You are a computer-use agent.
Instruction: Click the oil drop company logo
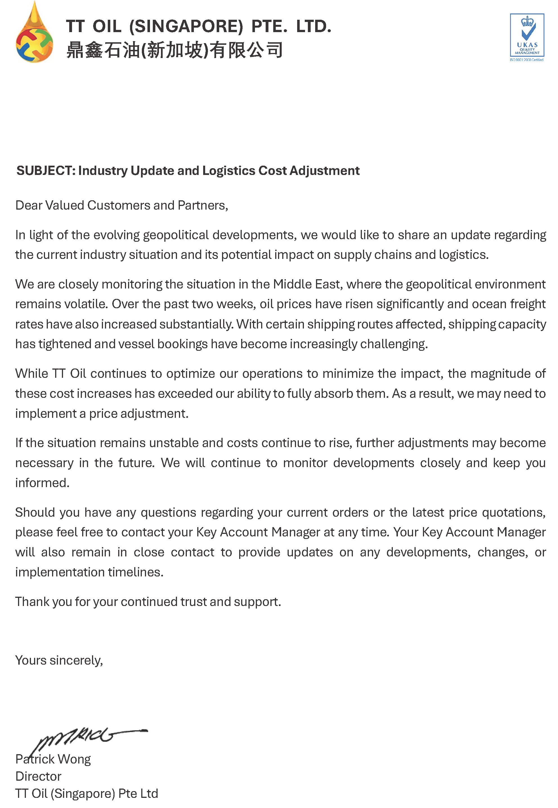click(x=34, y=35)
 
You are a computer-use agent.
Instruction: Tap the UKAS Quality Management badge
click(x=527, y=37)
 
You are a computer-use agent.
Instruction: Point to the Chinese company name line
click(x=174, y=50)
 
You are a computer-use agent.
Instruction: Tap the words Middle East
click(x=307, y=284)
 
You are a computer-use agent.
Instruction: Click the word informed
click(x=42, y=483)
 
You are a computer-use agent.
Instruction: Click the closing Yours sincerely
click(x=59, y=660)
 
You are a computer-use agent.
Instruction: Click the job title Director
click(x=39, y=776)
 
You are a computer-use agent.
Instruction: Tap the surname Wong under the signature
click(x=74, y=759)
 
